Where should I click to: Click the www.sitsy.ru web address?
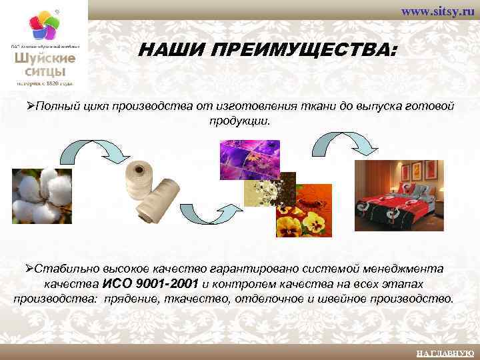coord(437,12)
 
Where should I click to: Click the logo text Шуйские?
coord(45,58)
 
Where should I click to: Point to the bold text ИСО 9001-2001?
coord(151,283)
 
